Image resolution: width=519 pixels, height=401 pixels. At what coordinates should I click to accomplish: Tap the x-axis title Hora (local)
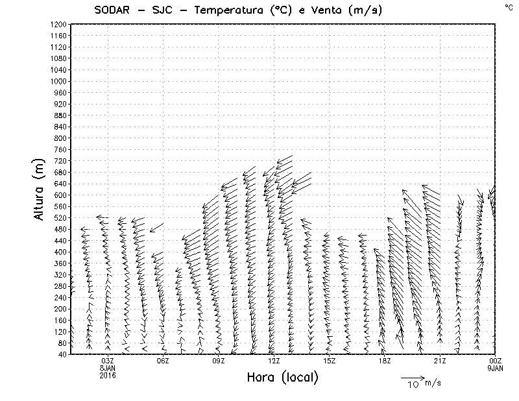(x=282, y=378)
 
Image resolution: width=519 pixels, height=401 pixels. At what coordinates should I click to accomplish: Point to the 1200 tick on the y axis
(x=58, y=24)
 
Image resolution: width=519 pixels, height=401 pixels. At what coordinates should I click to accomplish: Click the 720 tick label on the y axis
(x=60, y=161)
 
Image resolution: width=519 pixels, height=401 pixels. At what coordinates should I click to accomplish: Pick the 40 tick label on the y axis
(x=62, y=354)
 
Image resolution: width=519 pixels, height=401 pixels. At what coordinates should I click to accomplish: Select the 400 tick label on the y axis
(x=60, y=252)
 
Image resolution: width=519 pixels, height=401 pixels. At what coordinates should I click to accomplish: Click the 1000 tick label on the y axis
(x=58, y=81)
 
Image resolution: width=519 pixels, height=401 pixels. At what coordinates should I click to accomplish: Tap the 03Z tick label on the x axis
(x=108, y=361)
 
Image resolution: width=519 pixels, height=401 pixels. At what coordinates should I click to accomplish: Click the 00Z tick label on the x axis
(x=496, y=361)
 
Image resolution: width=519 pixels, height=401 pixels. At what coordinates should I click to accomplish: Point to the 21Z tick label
(x=440, y=361)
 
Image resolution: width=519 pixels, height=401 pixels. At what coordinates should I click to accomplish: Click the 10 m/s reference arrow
(x=411, y=377)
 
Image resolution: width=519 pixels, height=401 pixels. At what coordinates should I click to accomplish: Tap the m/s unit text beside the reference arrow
(x=433, y=383)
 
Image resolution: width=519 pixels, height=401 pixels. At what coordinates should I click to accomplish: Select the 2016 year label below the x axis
(x=108, y=374)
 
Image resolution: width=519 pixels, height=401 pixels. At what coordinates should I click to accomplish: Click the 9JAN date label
(x=495, y=368)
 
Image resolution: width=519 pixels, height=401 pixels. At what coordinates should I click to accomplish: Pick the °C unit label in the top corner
(x=508, y=6)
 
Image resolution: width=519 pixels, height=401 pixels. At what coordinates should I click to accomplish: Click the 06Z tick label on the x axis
(x=163, y=361)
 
